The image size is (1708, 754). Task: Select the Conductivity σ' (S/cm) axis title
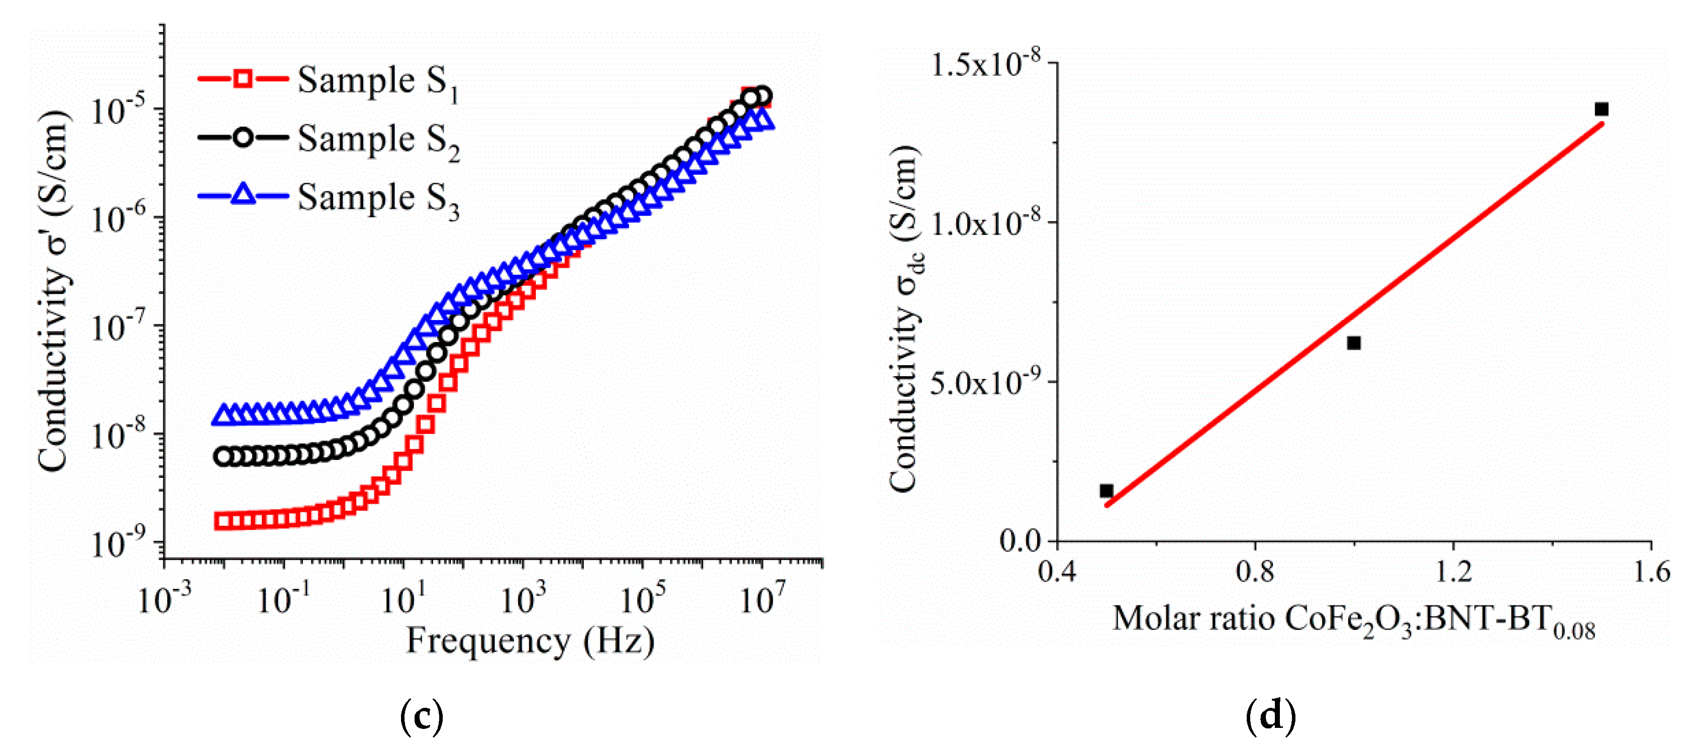click(x=53, y=291)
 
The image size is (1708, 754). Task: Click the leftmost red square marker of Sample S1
click(x=223, y=521)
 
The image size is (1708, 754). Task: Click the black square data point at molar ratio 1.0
click(x=1354, y=343)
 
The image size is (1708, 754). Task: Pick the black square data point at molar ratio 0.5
click(x=1106, y=491)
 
